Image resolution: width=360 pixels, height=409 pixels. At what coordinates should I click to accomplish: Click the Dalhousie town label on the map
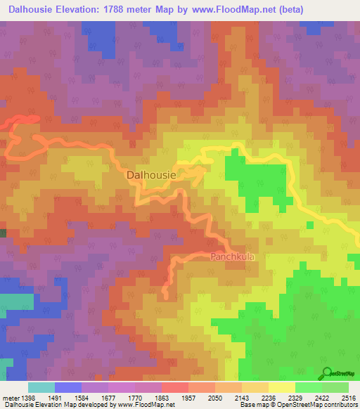coord(150,174)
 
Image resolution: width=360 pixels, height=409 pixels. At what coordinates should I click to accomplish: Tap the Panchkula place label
coord(232,257)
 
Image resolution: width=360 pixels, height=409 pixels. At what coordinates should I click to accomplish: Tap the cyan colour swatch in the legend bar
coord(41,387)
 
